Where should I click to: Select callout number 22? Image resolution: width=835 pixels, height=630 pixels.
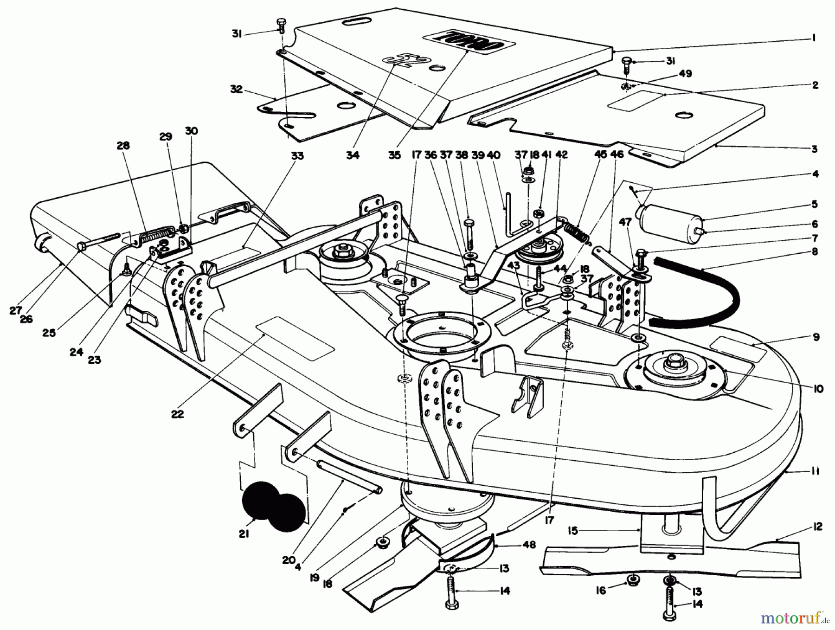(177, 414)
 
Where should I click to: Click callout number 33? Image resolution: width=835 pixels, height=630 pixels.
(297, 155)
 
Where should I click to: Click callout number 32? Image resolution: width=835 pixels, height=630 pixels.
(237, 89)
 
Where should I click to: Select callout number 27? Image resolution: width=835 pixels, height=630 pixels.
(15, 311)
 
